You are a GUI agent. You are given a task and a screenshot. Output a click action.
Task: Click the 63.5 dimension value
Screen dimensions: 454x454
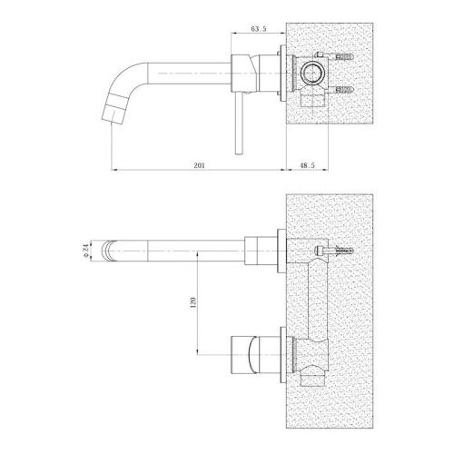pos(259,29)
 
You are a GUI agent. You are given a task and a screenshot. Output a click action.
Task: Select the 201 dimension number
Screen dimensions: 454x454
pos(199,165)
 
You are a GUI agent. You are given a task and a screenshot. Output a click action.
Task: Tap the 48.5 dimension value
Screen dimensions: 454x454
pos(307,165)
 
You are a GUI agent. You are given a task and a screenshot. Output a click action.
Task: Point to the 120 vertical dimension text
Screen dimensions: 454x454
pos(193,302)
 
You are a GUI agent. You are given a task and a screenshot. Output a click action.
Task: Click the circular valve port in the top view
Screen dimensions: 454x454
pos(312,73)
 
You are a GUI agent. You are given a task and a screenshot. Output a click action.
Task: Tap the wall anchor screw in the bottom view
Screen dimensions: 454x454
pos(334,251)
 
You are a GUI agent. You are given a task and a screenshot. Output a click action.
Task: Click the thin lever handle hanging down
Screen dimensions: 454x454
pos(239,123)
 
